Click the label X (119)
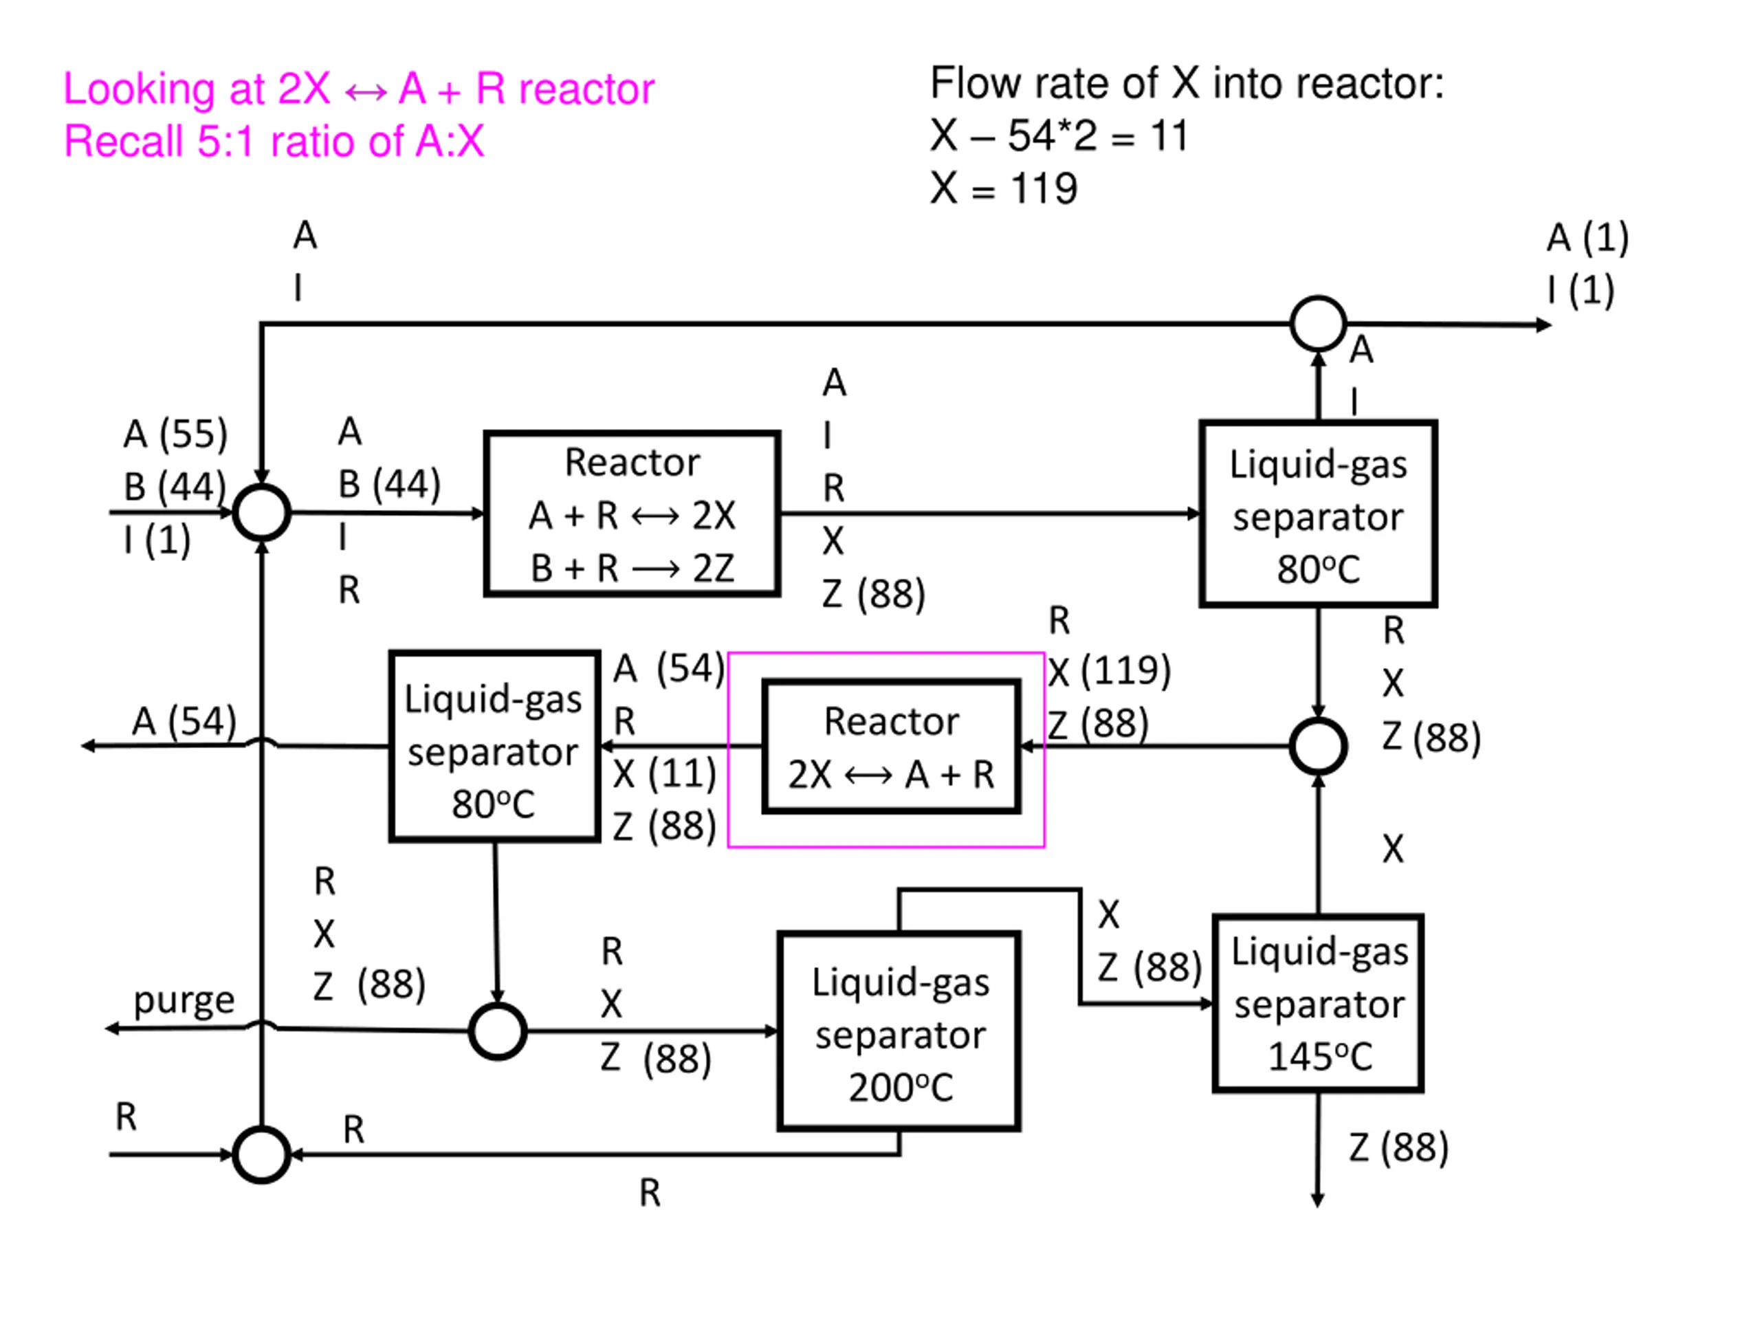point(1109,671)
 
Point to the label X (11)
point(664,773)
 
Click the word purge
point(184,1001)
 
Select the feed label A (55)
point(176,434)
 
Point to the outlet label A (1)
point(1588,238)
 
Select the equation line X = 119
point(1004,189)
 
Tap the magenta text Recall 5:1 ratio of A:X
point(274,142)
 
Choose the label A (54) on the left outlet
point(184,722)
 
